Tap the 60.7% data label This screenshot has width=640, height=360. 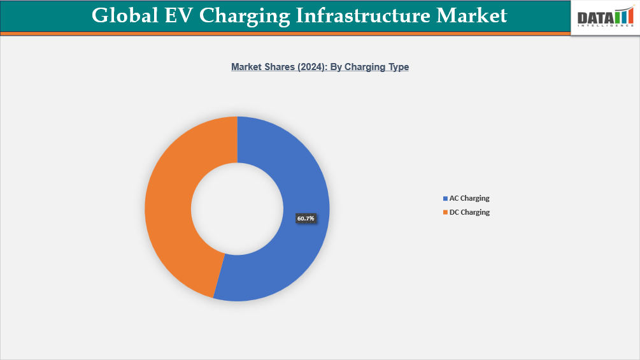coord(306,219)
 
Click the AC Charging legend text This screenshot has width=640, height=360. coord(469,198)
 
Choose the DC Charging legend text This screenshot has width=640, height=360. coord(469,212)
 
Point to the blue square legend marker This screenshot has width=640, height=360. coord(444,199)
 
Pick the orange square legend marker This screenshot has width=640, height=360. coord(444,213)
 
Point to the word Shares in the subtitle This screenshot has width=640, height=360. coord(275,67)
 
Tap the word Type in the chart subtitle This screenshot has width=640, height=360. coord(397,67)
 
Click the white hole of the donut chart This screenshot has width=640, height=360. coord(237,208)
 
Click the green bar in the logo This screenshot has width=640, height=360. coord(617,17)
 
